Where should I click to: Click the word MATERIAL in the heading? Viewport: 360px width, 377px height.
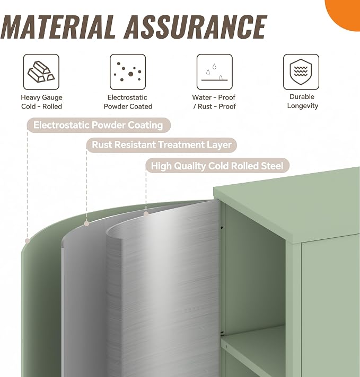coord(58,26)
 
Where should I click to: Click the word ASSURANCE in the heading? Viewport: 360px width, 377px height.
coord(195,26)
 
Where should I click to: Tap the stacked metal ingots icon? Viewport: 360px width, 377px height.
coord(41,72)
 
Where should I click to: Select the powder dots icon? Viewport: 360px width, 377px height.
coord(128,72)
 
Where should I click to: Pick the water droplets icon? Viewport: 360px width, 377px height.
coord(215,72)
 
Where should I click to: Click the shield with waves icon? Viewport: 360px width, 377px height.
coord(301,72)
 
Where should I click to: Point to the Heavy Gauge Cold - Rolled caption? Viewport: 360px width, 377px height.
coord(41,102)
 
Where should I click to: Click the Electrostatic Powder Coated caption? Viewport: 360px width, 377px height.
coord(128,102)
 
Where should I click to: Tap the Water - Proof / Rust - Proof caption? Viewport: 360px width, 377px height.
coord(214,102)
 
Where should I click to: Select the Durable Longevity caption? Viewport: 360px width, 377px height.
coord(302,101)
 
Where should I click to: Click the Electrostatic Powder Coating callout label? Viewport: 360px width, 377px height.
coord(98,125)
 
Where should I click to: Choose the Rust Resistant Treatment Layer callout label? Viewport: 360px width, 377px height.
coord(162,145)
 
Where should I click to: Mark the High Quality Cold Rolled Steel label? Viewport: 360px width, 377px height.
coord(217,166)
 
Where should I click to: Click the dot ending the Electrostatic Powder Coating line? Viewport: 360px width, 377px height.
coord(28,241)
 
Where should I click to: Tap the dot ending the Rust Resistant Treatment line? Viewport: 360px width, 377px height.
coord(87,223)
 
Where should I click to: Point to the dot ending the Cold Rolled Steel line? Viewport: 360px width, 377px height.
coord(146,213)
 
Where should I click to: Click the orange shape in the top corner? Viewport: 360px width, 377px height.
coord(344,14)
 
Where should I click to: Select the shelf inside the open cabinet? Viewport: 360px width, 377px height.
coord(254,342)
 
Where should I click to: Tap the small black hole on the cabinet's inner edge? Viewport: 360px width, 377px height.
coord(222,228)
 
